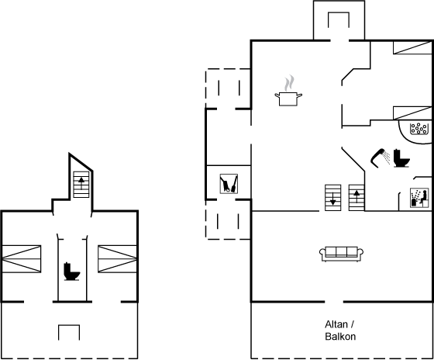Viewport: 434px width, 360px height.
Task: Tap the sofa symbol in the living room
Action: [341, 254]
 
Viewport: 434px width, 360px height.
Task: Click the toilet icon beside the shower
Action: [401, 158]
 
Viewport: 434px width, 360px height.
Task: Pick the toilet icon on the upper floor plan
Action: [71, 272]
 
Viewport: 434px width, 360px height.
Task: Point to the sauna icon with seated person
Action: [419, 198]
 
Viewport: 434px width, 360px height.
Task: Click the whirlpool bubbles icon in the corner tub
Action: [418, 129]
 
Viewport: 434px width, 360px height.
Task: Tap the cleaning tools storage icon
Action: [229, 183]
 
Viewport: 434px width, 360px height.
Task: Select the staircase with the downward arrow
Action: [332, 198]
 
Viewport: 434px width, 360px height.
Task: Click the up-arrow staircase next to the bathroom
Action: [356, 198]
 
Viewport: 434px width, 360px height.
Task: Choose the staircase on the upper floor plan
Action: [81, 185]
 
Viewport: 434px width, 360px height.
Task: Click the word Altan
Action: [336, 324]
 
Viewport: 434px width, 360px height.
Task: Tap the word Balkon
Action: [340, 336]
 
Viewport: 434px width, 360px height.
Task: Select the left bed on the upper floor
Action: [22, 259]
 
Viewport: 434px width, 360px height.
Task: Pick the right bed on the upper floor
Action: [117, 259]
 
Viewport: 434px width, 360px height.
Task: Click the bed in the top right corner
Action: [412, 47]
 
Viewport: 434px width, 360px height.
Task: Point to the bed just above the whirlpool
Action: [412, 112]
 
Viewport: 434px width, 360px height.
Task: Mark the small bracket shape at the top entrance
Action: [339, 19]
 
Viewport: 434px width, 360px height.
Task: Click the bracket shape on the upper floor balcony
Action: [69, 333]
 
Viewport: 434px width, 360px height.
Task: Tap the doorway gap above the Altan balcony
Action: [334, 302]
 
